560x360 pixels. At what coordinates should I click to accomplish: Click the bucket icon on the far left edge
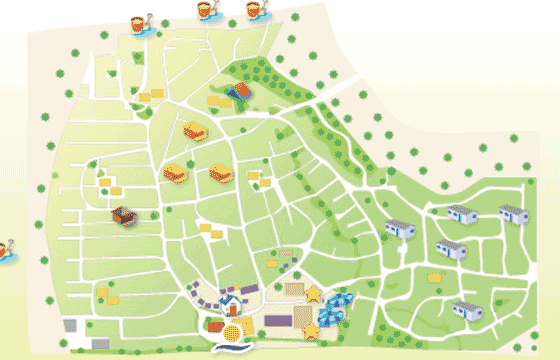pos(6,250)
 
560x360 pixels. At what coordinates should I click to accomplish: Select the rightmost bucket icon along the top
pos(258,11)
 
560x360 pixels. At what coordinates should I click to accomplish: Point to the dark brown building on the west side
pos(123,215)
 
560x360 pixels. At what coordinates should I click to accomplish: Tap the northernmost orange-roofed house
pos(195,131)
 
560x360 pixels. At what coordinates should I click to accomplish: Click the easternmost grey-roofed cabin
pos(514,212)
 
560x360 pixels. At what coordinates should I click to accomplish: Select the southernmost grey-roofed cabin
pos(466,309)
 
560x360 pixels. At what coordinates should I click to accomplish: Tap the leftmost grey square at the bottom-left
pos(70,326)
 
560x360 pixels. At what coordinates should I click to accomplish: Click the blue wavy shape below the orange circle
pos(231,349)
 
